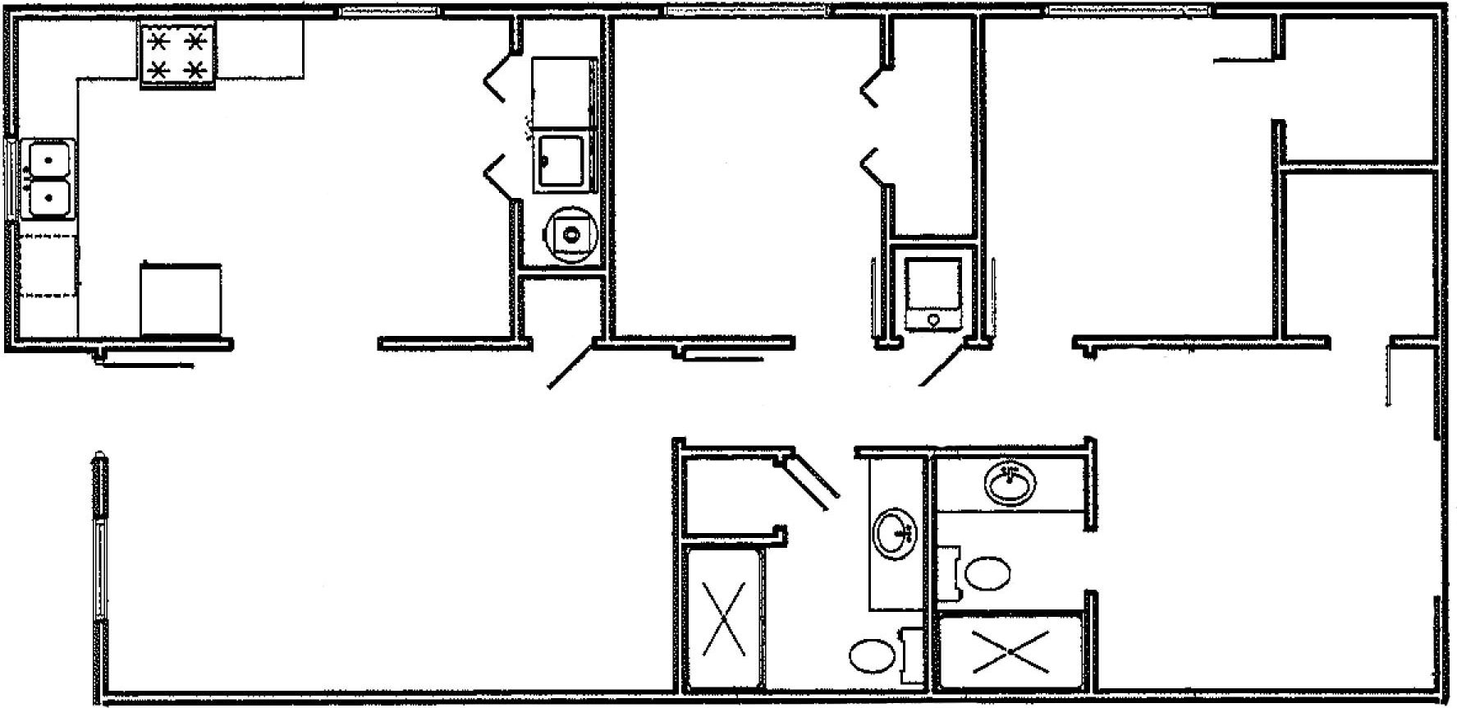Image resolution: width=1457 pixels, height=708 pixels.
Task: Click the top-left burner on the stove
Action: (158, 41)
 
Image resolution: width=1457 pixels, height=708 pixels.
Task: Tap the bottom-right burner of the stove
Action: (195, 71)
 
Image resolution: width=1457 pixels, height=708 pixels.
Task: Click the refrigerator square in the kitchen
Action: (181, 301)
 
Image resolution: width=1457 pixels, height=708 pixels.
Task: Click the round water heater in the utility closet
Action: (570, 235)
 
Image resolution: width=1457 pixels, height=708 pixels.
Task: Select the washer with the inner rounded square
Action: (561, 161)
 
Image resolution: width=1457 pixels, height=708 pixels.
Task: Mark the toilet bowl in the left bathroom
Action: (872, 657)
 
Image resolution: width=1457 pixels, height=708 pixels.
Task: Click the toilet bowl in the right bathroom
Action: (988, 573)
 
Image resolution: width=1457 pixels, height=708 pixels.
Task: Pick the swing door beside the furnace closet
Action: (942, 365)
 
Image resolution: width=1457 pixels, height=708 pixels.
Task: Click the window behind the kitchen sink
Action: (11, 179)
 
